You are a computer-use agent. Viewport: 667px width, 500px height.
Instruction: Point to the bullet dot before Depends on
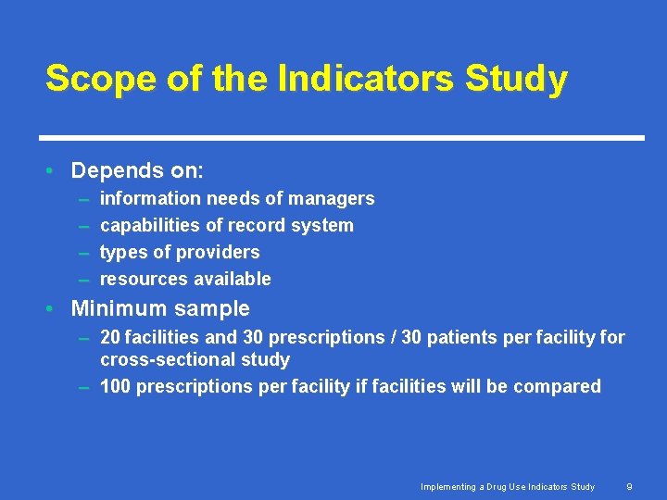pyautogui.click(x=55, y=171)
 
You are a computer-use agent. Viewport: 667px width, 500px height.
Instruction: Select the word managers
pyautogui.click(x=331, y=198)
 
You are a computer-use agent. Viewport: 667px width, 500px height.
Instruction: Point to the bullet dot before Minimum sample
pyautogui.click(x=55, y=308)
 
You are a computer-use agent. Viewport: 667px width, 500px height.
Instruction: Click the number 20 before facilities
pyautogui.click(x=110, y=338)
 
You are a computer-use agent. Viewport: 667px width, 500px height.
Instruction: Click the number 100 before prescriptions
pyautogui.click(x=115, y=386)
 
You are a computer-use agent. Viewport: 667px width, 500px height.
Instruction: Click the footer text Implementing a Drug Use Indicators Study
pyautogui.click(x=508, y=486)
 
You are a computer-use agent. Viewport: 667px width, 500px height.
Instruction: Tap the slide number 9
pyautogui.click(x=629, y=486)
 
